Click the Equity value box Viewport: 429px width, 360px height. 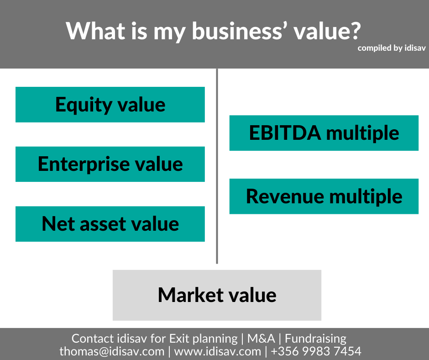110,104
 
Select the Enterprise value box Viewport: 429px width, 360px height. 110,164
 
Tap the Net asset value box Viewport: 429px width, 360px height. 110,224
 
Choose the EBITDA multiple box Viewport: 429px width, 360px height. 324,133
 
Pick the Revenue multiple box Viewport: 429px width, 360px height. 324,196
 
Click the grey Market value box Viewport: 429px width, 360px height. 217,295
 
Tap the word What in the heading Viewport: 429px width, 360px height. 95,31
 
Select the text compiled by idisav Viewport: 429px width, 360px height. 392,48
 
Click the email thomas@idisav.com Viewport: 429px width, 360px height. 112,351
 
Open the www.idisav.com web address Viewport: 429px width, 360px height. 218,351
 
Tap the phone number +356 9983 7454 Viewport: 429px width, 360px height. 316,351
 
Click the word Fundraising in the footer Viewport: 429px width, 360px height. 315,339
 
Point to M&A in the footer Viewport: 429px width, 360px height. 261,339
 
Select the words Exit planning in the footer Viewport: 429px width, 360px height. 203,339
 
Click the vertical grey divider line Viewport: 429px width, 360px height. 217,166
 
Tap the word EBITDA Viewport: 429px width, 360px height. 285,133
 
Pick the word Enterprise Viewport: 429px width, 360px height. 84,164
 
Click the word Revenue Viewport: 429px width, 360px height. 285,196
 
